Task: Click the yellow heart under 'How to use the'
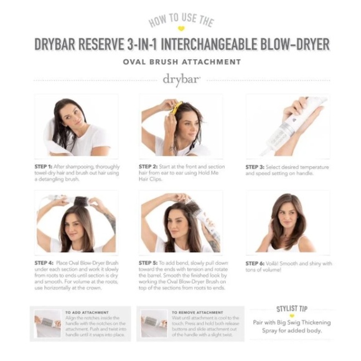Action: point(180,29)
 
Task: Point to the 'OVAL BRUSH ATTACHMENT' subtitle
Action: point(180,62)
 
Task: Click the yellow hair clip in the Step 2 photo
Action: point(176,107)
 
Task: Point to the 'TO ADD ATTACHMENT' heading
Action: point(87,312)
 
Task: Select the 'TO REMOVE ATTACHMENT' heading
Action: point(196,312)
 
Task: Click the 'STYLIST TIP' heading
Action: point(291,309)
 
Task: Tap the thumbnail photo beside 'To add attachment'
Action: point(48,323)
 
